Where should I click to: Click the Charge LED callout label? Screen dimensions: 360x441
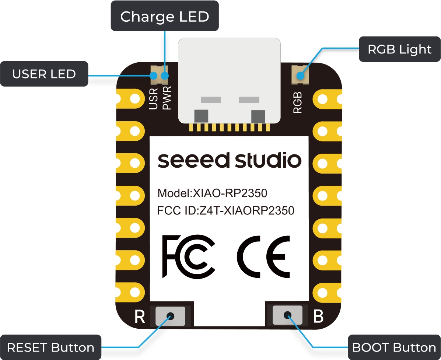point(165,16)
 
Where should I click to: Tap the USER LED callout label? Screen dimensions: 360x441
point(44,74)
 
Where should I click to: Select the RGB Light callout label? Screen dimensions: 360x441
point(399,49)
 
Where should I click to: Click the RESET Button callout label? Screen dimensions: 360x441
point(50,347)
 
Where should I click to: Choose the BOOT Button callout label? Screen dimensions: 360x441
point(393,347)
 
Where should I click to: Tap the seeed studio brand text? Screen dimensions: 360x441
point(230,160)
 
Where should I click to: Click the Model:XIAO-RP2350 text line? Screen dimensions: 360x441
point(212,193)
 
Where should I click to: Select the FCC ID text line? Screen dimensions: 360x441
point(225,211)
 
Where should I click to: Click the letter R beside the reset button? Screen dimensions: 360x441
point(140,317)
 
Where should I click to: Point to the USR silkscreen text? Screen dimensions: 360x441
point(154,99)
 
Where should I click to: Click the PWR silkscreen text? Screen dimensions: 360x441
point(167,99)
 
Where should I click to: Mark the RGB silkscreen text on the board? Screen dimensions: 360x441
point(297,102)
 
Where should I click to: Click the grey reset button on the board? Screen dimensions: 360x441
point(170,316)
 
